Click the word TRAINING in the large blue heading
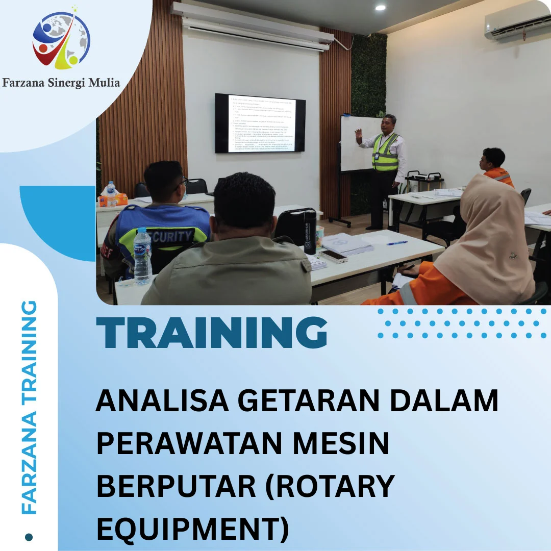pos(212,333)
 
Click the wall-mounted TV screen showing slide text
pos(260,123)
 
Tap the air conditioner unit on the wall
pos(517,21)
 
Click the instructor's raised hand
pos(359,135)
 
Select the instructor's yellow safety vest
pos(385,152)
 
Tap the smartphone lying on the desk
pos(334,256)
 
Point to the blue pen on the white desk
pos(397,243)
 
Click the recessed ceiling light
pos(380,8)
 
